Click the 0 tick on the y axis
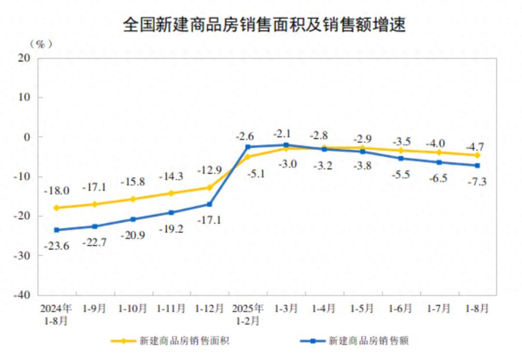(27, 137)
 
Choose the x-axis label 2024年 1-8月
(56, 314)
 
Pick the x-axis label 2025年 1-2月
(248, 314)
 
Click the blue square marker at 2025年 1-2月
(248, 147)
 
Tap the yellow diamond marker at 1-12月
(209, 187)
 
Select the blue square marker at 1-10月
(133, 219)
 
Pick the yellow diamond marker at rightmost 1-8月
(477, 155)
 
